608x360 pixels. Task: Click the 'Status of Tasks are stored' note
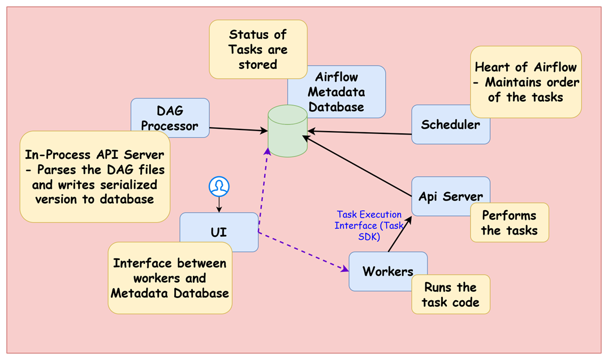pyautogui.click(x=258, y=49)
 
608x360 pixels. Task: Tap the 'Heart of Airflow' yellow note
pyautogui.click(x=525, y=82)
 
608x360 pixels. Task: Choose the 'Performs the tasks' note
pyautogui.click(x=509, y=223)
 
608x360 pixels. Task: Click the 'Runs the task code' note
pyautogui.click(x=450, y=294)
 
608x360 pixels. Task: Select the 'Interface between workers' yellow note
pyautogui.click(x=170, y=278)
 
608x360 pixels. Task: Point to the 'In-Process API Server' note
pyautogui.click(x=94, y=177)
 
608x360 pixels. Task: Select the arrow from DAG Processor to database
pyautogui.click(x=238, y=129)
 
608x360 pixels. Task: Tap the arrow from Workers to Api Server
pyautogui.click(x=399, y=236)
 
